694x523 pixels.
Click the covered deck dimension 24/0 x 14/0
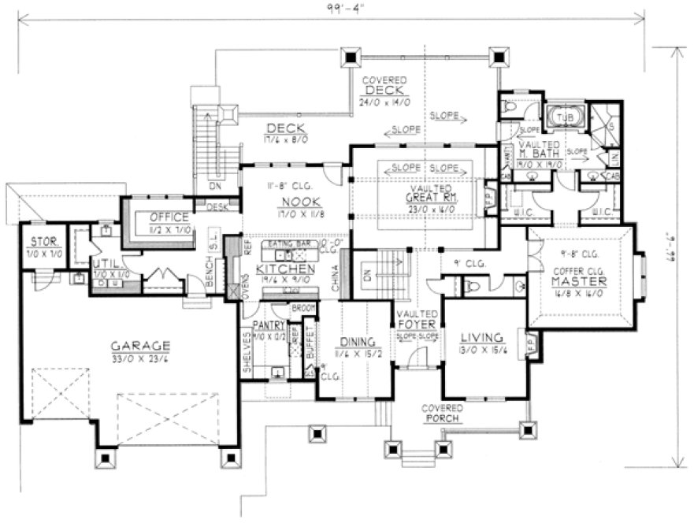(384, 101)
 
